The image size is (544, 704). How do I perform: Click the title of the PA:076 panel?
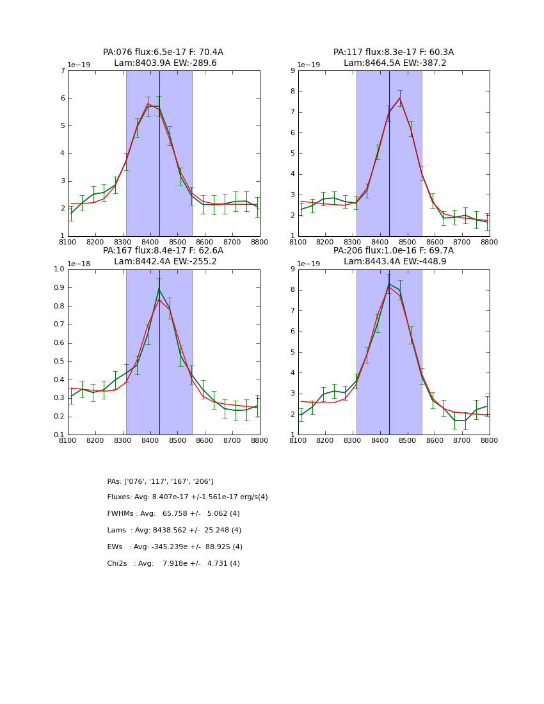click(163, 58)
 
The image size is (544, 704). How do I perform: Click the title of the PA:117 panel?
click(394, 58)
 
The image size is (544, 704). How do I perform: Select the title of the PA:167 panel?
click(163, 256)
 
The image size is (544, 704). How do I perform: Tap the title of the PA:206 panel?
click(394, 256)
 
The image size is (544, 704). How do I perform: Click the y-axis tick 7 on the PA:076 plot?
click(63, 70)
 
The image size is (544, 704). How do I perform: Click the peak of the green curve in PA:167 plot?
click(159, 289)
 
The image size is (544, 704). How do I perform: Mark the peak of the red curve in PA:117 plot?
click(400, 98)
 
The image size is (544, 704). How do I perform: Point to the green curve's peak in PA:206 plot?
click(388, 284)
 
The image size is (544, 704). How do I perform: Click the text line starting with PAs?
click(160, 481)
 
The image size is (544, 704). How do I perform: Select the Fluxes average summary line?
click(188, 497)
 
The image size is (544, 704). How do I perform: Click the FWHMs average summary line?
click(173, 514)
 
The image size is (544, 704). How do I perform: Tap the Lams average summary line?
click(174, 531)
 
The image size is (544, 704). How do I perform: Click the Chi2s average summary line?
click(173, 564)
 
